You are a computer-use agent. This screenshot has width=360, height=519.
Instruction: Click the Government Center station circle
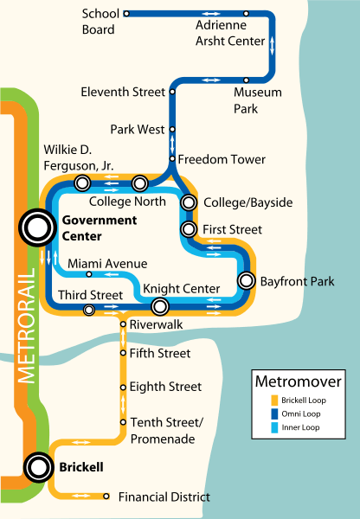[37, 228]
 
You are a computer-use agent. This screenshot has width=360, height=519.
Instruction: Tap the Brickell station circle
[38, 468]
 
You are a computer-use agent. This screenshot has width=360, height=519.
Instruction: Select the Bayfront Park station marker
[247, 281]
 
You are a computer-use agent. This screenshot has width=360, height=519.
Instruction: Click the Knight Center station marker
[159, 306]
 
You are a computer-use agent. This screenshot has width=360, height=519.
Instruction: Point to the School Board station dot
[126, 14]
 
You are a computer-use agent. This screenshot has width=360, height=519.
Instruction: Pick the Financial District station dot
[106, 497]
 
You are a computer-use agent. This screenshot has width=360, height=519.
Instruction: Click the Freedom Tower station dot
[171, 159]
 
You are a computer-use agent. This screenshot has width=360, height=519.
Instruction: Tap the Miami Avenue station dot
[89, 274]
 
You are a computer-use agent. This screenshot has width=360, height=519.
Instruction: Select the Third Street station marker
[88, 309]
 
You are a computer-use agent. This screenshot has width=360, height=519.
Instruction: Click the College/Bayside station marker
[189, 203]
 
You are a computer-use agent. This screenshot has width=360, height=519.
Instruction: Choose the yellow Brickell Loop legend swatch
[261, 400]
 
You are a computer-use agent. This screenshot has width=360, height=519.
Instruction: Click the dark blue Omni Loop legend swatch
[261, 413]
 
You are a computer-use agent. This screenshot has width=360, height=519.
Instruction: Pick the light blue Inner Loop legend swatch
[261, 426]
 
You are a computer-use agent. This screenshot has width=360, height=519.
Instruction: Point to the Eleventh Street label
[122, 92]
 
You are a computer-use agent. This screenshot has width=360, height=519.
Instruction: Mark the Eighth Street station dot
[123, 387]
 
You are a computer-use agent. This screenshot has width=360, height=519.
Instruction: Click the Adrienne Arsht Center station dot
[247, 14]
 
